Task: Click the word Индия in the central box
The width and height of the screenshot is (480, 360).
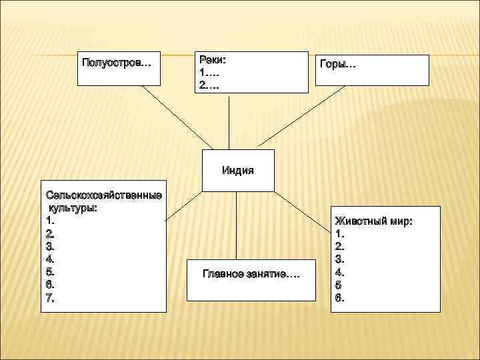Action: click(x=237, y=170)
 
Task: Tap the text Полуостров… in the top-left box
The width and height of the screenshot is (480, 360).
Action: click(x=116, y=63)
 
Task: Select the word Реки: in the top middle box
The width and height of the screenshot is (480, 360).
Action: click(x=213, y=60)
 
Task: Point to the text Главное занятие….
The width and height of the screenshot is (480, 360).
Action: click(x=251, y=273)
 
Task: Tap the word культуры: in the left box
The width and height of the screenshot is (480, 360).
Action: click(x=72, y=208)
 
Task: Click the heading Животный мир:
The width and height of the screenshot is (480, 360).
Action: click(x=374, y=221)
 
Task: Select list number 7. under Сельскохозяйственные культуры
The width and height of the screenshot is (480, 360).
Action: click(x=51, y=297)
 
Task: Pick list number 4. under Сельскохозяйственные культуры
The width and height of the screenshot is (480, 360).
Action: click(x=51, y=259)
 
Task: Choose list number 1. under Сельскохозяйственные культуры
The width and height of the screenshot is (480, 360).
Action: click(x=51, y=221)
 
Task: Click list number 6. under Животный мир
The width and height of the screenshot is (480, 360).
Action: click(x=340, y=297)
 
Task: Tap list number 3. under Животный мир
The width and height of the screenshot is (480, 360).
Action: click(x=340, y=259)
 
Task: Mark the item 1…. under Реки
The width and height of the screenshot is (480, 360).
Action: click(x=209, y=72)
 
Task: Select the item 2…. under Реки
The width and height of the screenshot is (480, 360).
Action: click(x=209, y=85)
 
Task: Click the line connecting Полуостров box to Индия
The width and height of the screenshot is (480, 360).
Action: click(x=177, y=117)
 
